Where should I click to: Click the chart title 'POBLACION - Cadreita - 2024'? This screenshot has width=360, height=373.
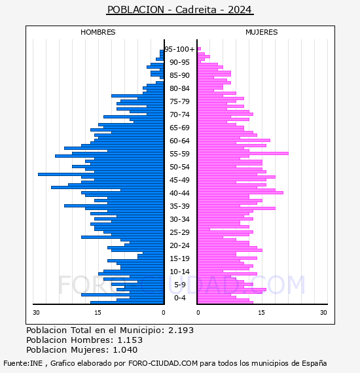coord(179,10)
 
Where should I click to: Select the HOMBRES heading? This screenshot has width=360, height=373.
coord(98,32)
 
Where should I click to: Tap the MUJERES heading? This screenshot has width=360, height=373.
coord(262,32)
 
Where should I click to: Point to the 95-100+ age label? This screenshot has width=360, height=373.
coord(179,49)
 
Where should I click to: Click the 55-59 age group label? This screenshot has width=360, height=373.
coord(179,154)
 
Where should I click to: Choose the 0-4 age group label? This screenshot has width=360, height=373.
coord(179,298)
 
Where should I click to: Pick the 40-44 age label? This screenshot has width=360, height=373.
coord(179,193)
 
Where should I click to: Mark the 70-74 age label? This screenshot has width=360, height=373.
coord(179,115)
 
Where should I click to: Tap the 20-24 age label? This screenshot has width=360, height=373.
coord(179,245)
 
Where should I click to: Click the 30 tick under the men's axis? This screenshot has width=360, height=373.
coord(36,312)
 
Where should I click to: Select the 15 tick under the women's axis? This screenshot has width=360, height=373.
coord(261,312)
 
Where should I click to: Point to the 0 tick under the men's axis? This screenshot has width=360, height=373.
coord(164,312)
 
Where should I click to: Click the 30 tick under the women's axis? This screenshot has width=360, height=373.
coord(323,312)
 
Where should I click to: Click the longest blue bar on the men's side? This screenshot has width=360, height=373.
coord(101,174)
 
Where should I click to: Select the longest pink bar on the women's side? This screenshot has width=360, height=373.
coord(243,153)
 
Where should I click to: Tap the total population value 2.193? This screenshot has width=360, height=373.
coord(181,330)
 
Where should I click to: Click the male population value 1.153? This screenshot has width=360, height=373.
coord(130,340)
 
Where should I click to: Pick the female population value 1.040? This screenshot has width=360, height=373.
coord(125,349)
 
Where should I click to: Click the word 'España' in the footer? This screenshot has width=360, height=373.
coord(314,364)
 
